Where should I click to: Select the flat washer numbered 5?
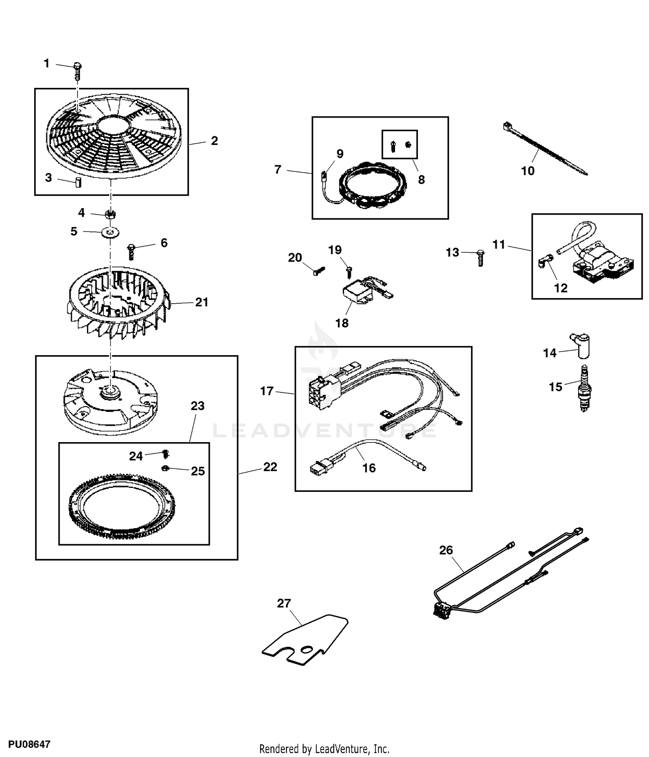click(111, 233)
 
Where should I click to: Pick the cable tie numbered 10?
click(544, 148)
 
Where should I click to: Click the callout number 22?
click(270, 467)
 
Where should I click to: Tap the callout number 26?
click(446, 550)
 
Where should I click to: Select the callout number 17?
click(267, 391)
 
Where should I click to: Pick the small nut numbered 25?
click(165, 468)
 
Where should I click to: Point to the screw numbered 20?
click(319, 271)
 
